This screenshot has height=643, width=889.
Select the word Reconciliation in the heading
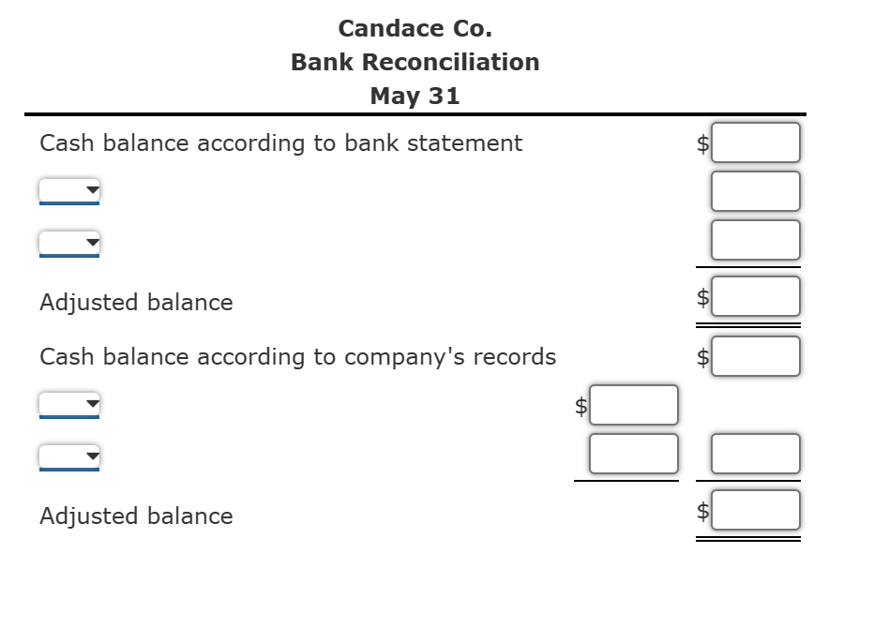click(451, 62)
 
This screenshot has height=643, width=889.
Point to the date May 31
click(414, 96)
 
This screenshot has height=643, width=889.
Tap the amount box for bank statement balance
click(755, 142)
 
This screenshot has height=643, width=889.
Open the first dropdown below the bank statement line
click(69, 191)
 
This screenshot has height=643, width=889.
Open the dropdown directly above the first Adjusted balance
click(69, 244)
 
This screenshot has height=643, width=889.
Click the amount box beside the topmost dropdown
click(755, 191)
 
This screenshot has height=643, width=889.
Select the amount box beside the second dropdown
click(755, 240)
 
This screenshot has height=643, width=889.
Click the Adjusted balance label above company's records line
click(136, 302)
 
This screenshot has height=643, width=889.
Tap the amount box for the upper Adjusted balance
click(755, 296)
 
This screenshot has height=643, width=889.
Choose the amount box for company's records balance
click(755, 356)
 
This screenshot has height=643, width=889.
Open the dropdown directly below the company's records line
click(69, 405)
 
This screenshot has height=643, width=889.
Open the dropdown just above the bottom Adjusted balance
click(69, 457)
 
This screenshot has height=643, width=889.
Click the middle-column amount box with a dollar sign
click(633, 405)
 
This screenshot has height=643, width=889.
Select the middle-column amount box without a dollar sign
click(633, 454)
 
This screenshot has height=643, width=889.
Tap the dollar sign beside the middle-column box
click(581, 406)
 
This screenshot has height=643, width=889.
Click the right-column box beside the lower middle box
click(755, 454)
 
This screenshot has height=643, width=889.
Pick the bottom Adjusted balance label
click(136, 516)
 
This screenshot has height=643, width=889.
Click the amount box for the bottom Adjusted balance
click(755, 510)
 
